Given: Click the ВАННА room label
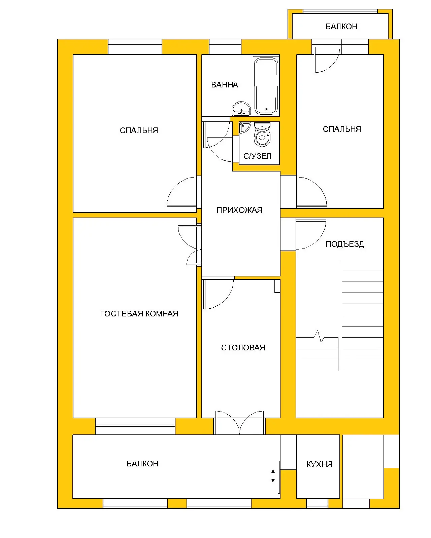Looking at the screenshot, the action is (224, 85).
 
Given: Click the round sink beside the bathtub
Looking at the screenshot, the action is (241, 109).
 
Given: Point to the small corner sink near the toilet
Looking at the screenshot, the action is (244, 127).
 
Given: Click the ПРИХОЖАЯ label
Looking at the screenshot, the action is (239, 210).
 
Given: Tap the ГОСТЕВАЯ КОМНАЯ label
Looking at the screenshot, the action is (139, 313).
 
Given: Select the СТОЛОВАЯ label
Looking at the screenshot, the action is (243, 347).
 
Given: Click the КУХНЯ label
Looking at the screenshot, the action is (319, 464).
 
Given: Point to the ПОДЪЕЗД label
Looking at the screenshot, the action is (344, 244).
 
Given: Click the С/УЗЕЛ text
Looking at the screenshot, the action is (257, 156).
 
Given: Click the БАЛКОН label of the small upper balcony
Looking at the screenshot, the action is (341, 27).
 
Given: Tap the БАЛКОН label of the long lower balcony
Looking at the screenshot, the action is (142, 464).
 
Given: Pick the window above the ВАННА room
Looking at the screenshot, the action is (225, 46).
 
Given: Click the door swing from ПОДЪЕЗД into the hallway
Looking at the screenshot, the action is (311, 234).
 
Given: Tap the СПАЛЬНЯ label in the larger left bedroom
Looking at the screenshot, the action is (139, 130).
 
